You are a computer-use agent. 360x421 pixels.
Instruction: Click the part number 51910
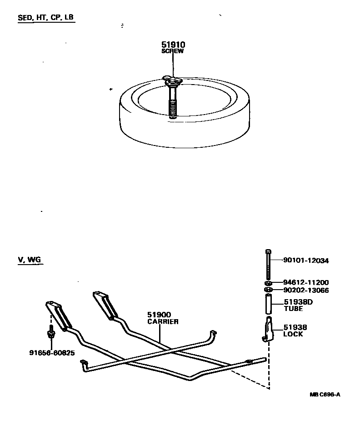[173, 45]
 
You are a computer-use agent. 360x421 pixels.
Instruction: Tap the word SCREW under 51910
[173, 51]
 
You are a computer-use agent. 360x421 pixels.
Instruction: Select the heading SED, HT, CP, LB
[45, 18]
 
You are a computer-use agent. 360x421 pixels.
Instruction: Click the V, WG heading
[30, 260]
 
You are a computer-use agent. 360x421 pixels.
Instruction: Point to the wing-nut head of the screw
[173, 80]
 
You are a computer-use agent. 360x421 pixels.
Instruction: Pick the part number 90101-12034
[305, 261]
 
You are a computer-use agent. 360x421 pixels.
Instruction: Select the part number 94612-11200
[305, 282]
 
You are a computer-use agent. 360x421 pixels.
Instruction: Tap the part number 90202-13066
[305, 290]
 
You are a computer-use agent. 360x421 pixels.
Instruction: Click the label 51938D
[298, 302]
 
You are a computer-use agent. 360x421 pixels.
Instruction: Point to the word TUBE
[293, 308]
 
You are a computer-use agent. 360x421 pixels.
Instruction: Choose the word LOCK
[293, 334]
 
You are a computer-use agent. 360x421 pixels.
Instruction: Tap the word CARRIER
[163, 321]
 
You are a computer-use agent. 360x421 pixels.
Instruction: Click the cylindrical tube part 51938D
[268, 304]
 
